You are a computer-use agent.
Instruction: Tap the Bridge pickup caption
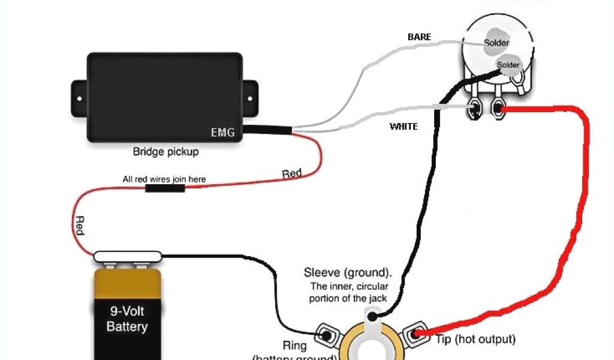(x=165, y=152)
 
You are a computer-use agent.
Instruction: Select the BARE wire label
(x=419, y=37)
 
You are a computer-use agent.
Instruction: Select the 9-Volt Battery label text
(x=127, y=319)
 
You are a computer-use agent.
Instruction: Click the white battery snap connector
(x=128, y=257)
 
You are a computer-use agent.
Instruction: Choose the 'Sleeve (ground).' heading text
(x=348, y=273)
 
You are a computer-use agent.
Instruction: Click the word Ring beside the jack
(x=294, y=346)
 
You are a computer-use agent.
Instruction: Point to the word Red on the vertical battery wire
(x=79, y=226)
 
